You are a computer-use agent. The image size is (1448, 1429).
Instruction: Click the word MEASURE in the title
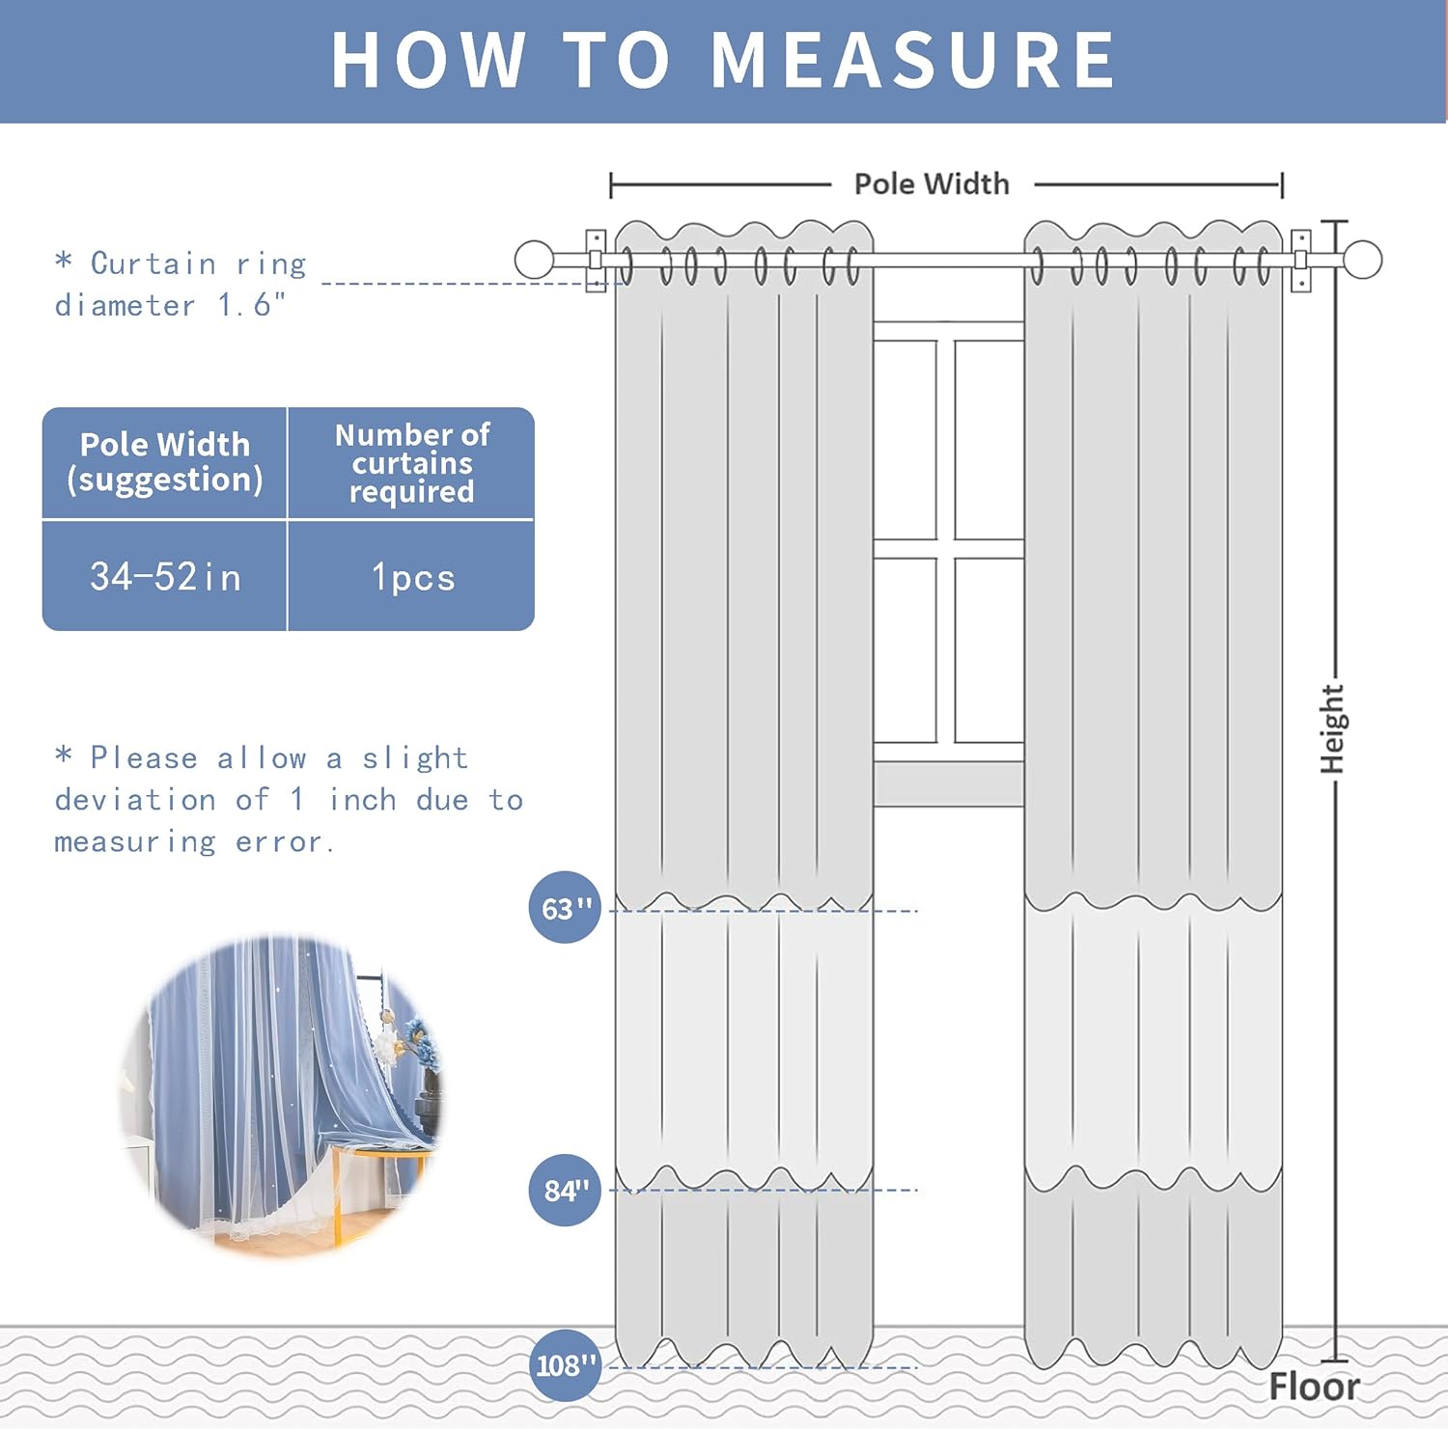[913, 60]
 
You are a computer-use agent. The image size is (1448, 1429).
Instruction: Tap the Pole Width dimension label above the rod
[932, 183]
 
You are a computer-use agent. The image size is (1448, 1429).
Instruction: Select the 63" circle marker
[565, 908]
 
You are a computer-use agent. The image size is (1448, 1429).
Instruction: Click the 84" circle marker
[565, 1190]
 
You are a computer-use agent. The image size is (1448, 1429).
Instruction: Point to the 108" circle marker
[565, 1365]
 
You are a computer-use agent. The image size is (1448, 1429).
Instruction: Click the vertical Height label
[1332, 728]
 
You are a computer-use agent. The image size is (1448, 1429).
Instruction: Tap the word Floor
[1314, 1387]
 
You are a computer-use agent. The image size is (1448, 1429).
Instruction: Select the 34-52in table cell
[165, 577]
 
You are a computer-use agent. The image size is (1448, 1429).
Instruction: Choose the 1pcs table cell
[412, 577]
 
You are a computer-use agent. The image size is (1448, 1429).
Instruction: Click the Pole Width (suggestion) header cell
[165, 462]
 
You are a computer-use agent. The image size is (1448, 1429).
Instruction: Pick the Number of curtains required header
[412, 462]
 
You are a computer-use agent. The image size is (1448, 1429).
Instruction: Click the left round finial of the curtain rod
[534, 260]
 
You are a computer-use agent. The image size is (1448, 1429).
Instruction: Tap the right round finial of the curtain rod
[1362, 260]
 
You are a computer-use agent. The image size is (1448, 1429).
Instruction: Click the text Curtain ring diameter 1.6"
[180, 284]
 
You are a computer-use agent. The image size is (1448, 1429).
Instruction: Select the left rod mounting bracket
[596, 261]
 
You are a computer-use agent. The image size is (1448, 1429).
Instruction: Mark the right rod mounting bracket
[1300, 261]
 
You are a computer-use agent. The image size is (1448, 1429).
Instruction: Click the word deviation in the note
[135, 800]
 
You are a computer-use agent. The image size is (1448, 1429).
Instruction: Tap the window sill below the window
[948, 783]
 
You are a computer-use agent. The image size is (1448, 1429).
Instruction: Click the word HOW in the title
[429, 60]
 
